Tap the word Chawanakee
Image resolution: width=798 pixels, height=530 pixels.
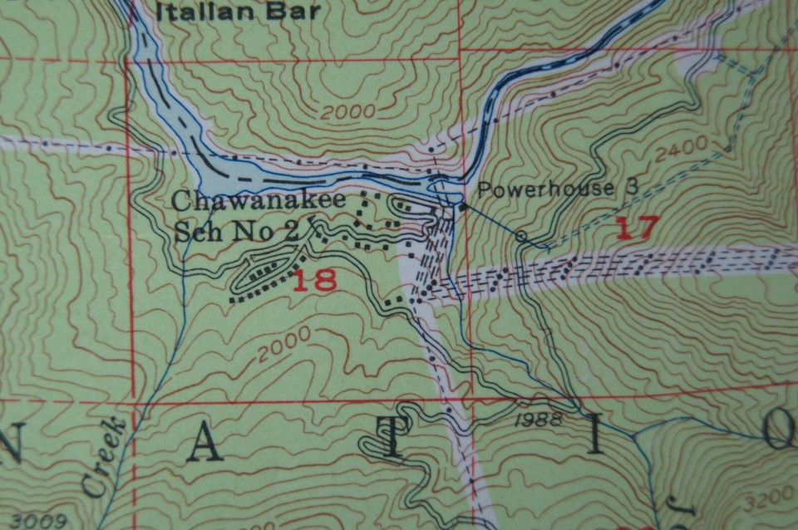[x=237, y=201]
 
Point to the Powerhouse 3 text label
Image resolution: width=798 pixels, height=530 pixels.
[x=559, y=189]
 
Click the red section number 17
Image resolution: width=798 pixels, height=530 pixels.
[x=637, y=228]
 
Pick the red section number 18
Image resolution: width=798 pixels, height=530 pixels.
[x=315, y=280]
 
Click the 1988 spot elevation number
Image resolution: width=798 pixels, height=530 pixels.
[x=537, y=420]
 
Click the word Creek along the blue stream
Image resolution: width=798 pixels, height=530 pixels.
[x=104, y=459]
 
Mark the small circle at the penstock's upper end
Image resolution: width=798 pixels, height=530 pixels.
[x=521, y=236]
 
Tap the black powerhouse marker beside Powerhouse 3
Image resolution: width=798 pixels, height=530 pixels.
[x=463, y=205]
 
